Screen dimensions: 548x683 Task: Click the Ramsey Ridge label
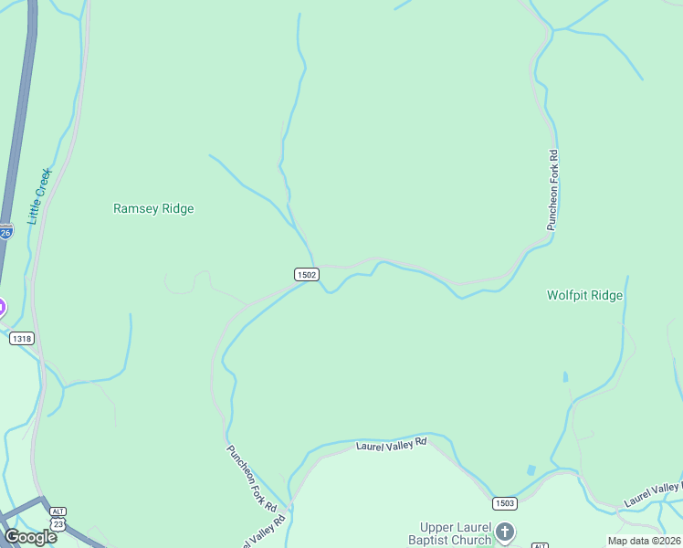[153, 208]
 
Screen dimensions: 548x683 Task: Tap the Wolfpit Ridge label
[584, 295]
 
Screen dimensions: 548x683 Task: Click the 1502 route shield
[306, 274]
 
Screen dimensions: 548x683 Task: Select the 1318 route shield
[21, 339]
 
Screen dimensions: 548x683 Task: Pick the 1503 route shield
[504, 503]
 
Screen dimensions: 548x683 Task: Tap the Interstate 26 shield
[5, 232]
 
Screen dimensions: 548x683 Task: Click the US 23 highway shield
[58, 524]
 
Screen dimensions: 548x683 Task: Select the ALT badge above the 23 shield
[58, 512]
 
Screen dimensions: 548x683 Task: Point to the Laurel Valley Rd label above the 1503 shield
[391, 443]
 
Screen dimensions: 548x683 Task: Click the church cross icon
[504, 532]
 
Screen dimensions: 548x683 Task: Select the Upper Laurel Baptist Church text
[455, 533]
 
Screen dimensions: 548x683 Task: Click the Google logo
[30, 536]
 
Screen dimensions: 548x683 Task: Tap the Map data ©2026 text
[644, 541]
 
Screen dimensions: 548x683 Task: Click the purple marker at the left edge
[2, 307]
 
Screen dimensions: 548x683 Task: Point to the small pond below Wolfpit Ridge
[565, 376]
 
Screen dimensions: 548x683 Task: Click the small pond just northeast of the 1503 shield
[531, 470]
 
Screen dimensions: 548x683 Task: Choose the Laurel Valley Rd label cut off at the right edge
[652, 494]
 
